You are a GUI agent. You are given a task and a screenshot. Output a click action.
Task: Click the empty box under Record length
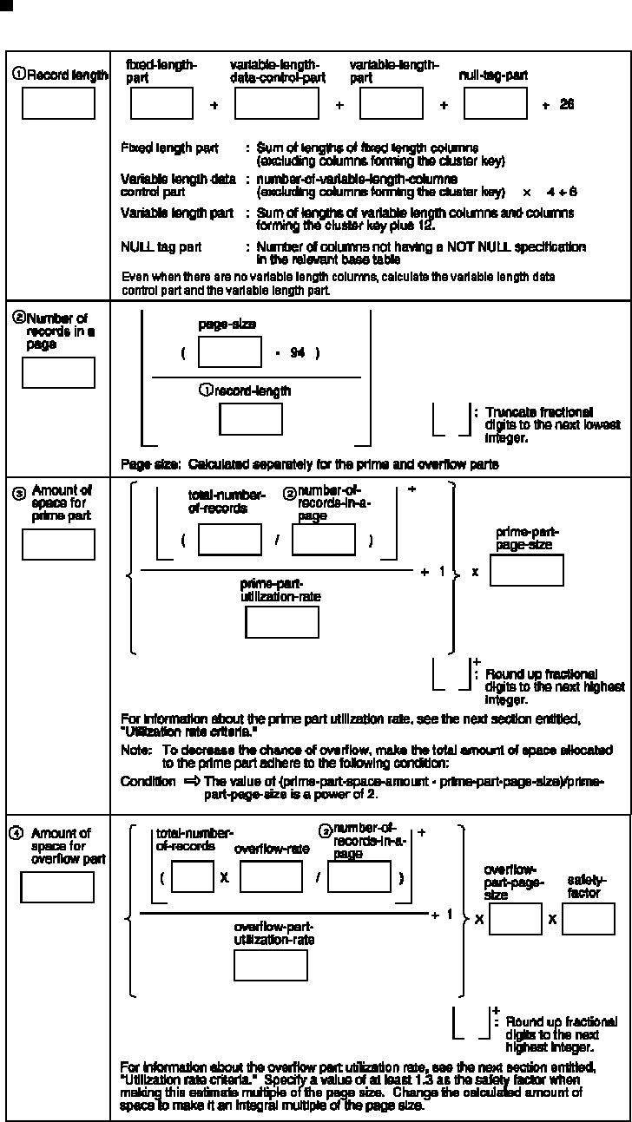(x=58, y=103)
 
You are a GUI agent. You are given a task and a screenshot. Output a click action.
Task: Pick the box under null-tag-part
(x=495, y=103)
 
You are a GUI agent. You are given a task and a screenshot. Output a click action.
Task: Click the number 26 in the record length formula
(x=567, y=104)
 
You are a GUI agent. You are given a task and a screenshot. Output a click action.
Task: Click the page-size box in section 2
(x=230, y=353)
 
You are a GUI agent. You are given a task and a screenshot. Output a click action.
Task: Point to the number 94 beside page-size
(x=297, y=353)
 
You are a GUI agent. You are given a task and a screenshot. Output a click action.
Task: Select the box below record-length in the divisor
(x=251, y=419)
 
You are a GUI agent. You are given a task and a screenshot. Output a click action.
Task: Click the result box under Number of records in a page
(x=58, y=372)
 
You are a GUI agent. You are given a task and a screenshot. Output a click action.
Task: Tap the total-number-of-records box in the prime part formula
(x=230, y=540)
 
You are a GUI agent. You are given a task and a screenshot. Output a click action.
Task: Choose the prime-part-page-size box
(x=527, y=570)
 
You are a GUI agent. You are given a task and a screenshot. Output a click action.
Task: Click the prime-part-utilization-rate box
(x=282, y=622)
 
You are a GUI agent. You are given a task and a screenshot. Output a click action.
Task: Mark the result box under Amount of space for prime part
(x=58, y=544)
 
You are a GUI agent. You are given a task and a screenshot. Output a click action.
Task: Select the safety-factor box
(x=588, y=918)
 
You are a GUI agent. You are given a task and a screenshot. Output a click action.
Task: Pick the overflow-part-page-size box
(x=515, y=918)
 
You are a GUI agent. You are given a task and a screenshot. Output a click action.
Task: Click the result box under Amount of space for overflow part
(x=57, y=887)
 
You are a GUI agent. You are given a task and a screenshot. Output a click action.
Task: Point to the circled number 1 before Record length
(x=17, y=75)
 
